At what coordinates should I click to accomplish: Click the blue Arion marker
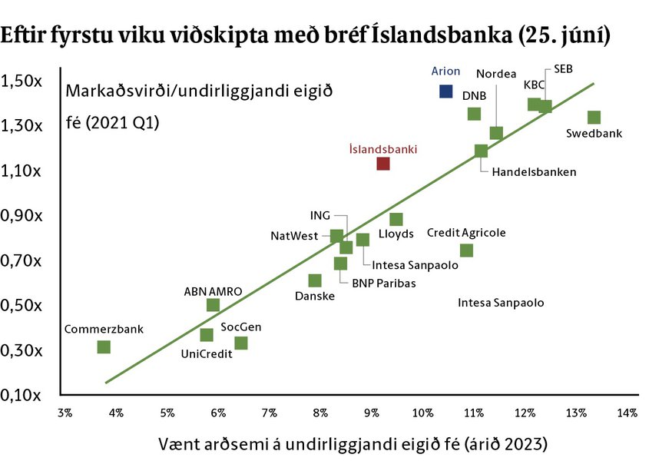click(x=445, y=91)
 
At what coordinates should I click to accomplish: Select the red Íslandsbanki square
click(x=383, y=164)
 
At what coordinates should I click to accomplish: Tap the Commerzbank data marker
click(x=104, y=347)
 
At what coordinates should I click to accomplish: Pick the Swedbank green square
click(x=594, y=118)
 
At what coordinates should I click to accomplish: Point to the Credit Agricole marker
click(x=466, y=250)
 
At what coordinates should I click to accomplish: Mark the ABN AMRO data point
click(x=214, y=305)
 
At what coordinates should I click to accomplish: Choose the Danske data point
click(x=315, y=280)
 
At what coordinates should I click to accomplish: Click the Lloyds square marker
click(x=396, y=219)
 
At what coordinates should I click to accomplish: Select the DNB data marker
click(x=474, y=114)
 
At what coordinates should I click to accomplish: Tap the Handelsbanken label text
click(x=534, y=172)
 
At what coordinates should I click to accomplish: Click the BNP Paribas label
click(x=384, y=284)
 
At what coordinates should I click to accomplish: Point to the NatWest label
click(x=294, y=236)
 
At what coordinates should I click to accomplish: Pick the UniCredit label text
click(x=207, y=353)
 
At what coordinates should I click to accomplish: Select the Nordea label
click(x=496, y=74)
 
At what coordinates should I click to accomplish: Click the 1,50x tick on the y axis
click(x=21, y=81)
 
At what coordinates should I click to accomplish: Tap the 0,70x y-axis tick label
click(x=21, y=261)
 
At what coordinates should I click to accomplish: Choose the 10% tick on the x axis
click(x=422, y=413)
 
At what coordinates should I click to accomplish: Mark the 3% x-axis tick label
click(x=65, y=413)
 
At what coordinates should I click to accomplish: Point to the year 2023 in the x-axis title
click(x=524, y=444)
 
